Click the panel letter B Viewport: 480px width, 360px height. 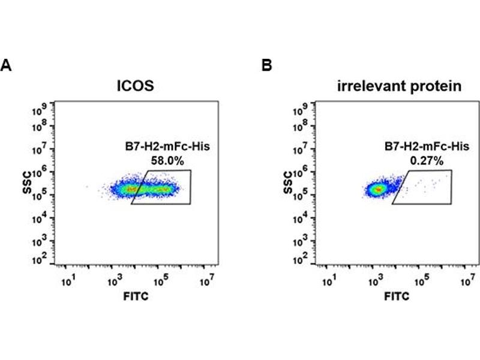[x=266, y=65]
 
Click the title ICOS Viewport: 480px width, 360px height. [x=135, y=86]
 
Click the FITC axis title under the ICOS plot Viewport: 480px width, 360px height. [x=135, y=296]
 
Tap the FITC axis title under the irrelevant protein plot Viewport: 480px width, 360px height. [x=397, y=296]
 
